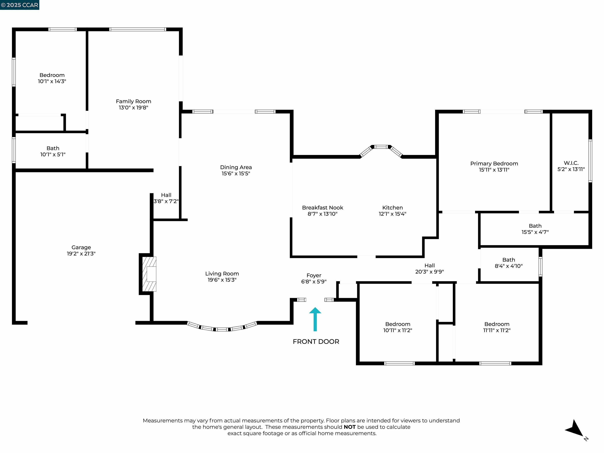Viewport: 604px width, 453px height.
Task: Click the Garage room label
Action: (81, 247)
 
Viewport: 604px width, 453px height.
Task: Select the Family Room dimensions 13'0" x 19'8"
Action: (133, 108)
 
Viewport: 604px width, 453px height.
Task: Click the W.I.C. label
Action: (571, 163)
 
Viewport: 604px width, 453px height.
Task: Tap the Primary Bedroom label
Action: (494, 164)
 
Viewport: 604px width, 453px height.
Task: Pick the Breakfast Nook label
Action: (322, 207)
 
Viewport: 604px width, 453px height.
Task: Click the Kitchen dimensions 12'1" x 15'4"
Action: (392, 214)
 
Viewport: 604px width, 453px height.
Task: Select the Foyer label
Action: (314, 275)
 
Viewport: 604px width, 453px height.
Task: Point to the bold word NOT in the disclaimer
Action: (350, 427)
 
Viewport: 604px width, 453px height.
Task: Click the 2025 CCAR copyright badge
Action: (19, 5)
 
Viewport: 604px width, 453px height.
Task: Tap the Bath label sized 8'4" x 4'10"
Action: (508, 260)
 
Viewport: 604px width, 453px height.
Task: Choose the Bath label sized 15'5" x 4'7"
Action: (535, 226)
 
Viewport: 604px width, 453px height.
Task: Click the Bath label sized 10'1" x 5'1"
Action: (53, 148)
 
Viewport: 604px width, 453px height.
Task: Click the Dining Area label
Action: (236, 167)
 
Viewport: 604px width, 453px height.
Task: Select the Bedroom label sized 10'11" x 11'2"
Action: (398, 324)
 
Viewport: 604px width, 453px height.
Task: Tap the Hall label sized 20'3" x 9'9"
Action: (430, 265)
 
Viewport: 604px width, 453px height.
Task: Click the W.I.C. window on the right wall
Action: (590, 161)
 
